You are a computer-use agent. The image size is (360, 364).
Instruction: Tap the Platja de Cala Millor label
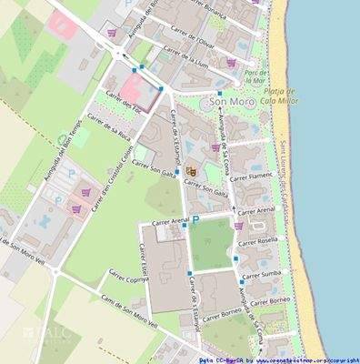pos(280,97)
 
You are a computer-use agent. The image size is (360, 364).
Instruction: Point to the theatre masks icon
pos(191,170)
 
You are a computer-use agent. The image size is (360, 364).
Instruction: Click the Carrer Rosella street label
pos(257,242)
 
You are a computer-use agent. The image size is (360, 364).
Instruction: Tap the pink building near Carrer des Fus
pos(134,90)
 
